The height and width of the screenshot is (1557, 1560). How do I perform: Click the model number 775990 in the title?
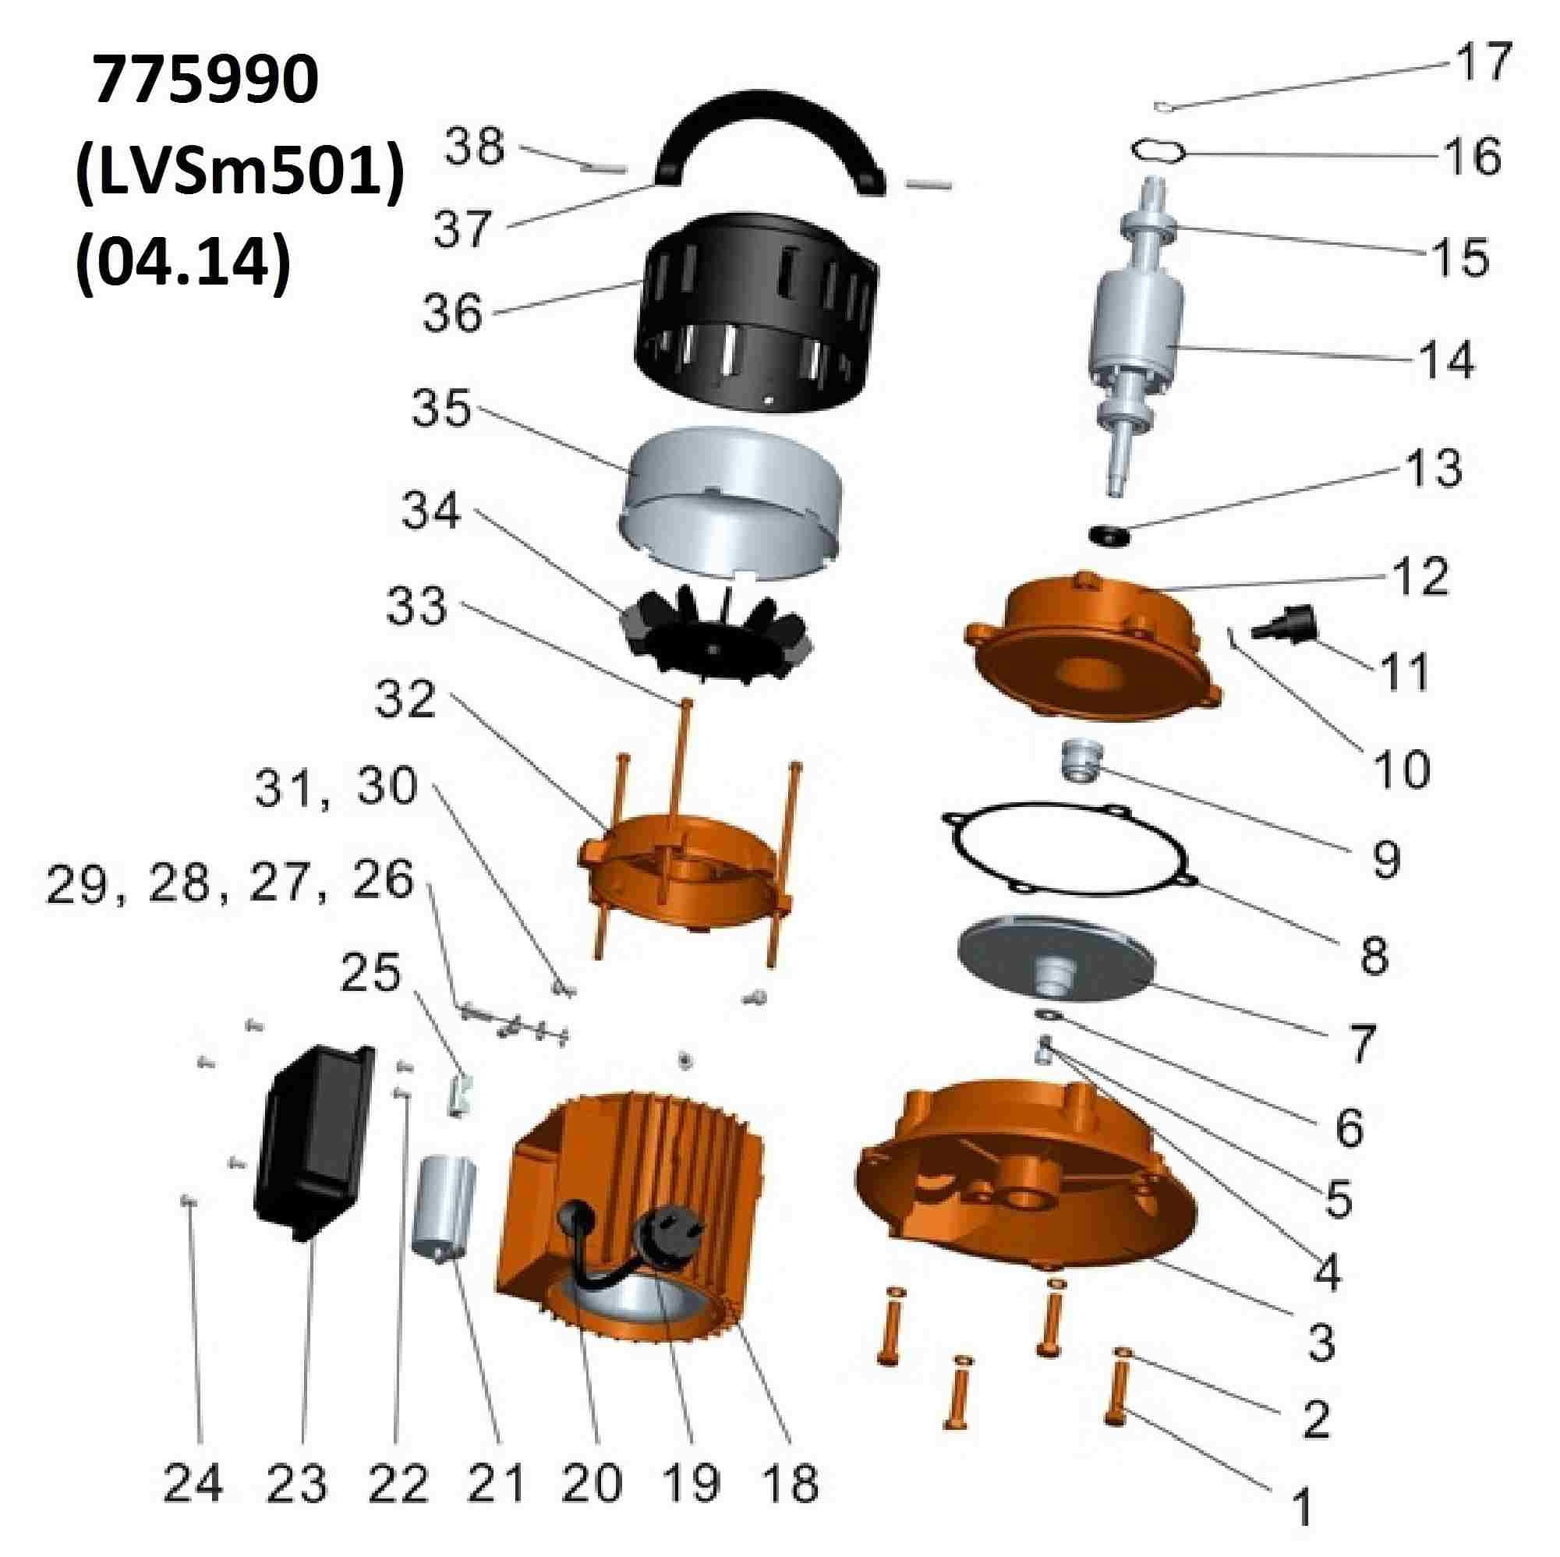[205, 82]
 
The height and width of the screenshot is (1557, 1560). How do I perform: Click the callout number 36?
[453, 313]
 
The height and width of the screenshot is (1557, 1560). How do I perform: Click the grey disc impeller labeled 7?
[1055, 970]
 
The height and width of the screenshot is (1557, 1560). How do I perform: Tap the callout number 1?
[1301, 1506]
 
